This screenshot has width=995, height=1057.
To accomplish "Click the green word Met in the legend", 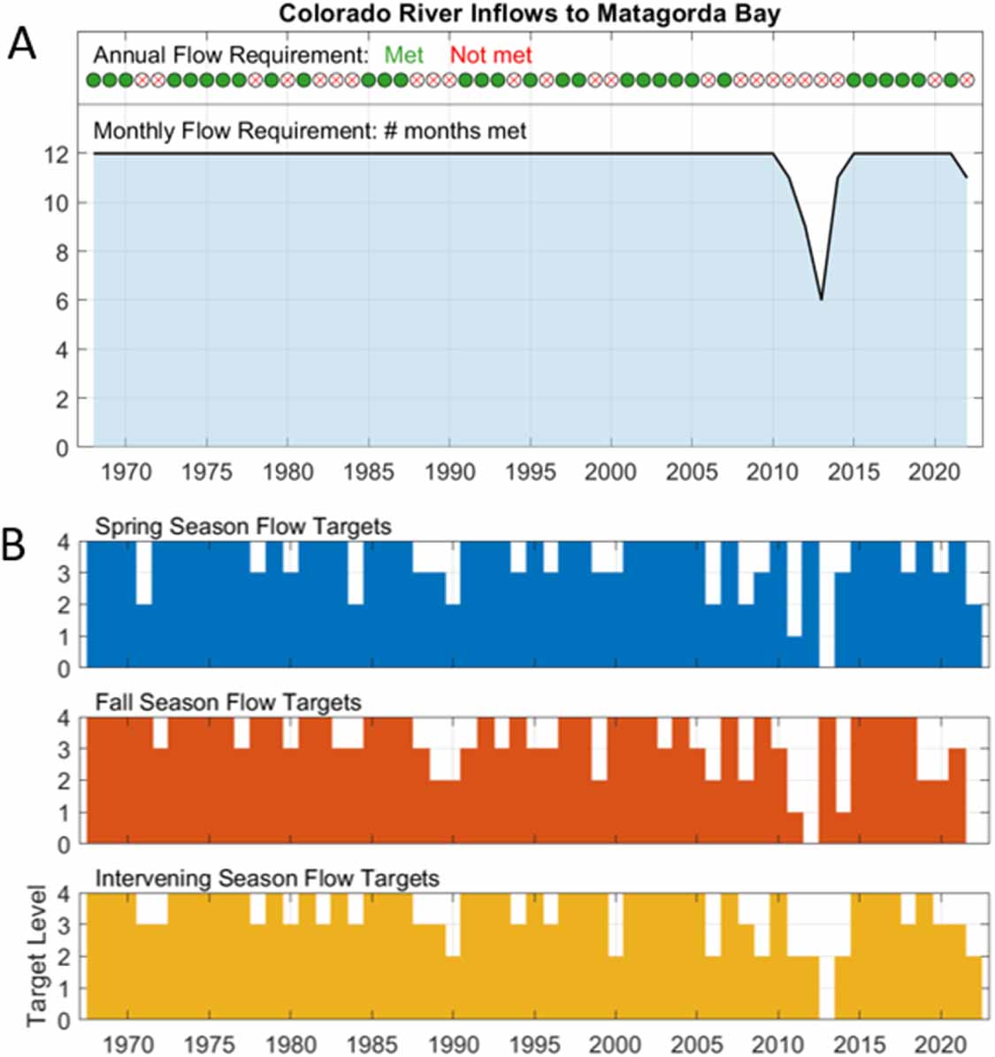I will point(403,55).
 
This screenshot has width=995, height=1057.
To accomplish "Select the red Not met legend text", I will point(491,55).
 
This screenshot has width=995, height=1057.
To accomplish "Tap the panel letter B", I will point(14,546).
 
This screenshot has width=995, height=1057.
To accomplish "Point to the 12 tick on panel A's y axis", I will point(57,154).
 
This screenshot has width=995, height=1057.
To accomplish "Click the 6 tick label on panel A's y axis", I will point(62,301).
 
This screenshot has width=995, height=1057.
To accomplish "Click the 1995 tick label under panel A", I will point(530,471).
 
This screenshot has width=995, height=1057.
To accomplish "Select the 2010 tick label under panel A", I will point(772,471).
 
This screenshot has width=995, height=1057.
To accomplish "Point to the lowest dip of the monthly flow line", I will point(821,299).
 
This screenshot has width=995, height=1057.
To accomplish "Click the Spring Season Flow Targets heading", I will point(242,526).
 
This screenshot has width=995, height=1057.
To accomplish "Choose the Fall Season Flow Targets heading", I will point(228,702).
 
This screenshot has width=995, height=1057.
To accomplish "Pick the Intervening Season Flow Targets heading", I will point(267,878).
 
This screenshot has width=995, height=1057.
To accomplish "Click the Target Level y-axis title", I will point(36,954).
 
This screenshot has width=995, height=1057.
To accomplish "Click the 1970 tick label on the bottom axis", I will point(129,1044).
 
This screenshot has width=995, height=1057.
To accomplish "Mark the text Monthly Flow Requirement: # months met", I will point(310,131).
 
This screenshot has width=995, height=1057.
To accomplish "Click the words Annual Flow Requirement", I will point(231,55).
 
